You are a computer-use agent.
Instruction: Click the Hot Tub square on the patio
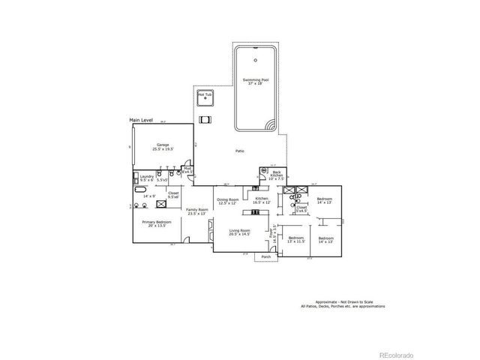click(x=205, y=98)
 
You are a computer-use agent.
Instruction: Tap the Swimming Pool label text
click(x=255, y=82)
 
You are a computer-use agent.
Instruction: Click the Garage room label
click(x=163, y=146)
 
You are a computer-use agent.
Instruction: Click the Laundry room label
click(x=146, y=178)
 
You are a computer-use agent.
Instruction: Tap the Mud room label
click(x=187, y=170)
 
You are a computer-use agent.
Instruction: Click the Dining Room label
click(x=228, y=201)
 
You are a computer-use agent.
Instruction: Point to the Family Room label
click(x=196, y=211)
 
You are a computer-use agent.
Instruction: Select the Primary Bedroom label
click(x=157, y=223)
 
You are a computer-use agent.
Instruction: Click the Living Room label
click(x=239, y=232)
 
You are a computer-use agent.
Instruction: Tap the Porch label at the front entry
click(x=265, y=257)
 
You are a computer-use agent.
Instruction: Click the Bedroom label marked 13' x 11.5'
click(x=295, y=239)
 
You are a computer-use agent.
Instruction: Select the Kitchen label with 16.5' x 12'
click(x=261, y=201)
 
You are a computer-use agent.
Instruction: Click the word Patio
click(x=240, y=151)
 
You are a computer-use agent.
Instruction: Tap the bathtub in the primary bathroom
click(x=134, y=205)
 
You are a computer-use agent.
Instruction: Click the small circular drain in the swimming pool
click(x=255, y=58)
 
